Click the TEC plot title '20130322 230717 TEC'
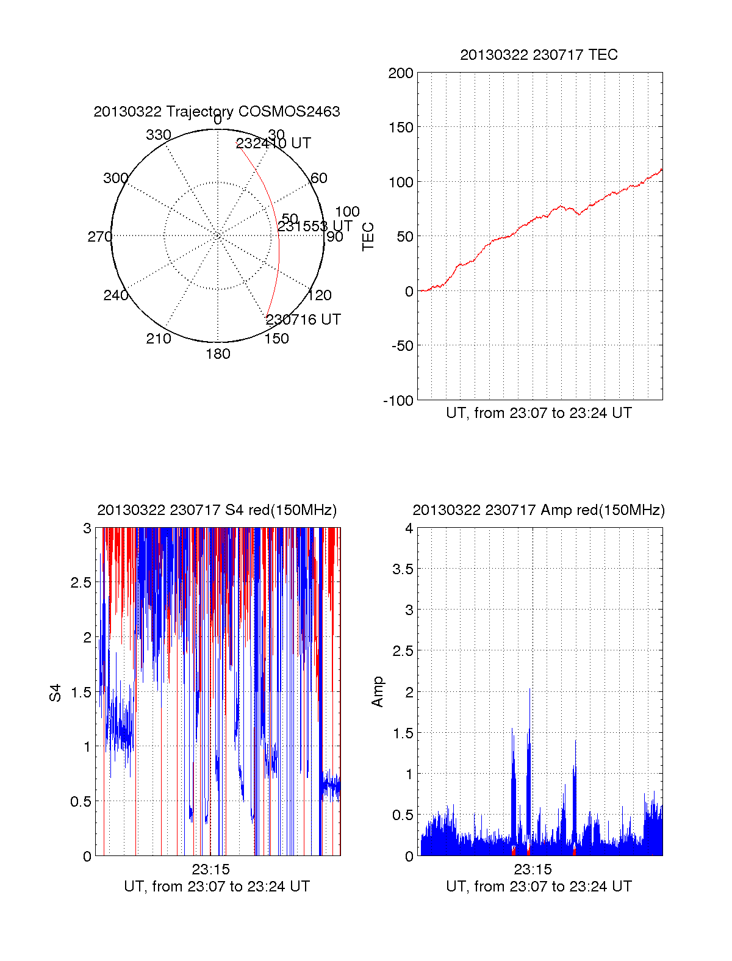539,55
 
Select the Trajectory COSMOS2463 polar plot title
217,112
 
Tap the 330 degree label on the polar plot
158,135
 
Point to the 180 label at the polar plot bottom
218,354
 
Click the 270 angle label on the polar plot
99,237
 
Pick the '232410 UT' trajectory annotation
273,143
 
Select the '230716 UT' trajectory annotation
303,320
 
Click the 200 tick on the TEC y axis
401,74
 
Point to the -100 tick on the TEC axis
398,401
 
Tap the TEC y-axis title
368,236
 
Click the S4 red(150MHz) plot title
217,510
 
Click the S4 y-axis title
56,693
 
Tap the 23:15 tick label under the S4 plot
210,869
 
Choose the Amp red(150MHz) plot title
539,510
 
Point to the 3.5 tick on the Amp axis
403,569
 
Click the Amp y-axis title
378,691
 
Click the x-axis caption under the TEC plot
539,413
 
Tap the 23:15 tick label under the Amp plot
533,869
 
